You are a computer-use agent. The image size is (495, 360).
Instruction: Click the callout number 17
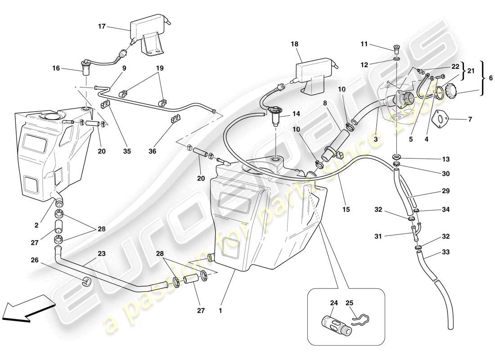102,27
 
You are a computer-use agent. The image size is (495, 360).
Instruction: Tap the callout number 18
295,45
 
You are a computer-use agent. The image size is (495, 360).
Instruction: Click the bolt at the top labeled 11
396,48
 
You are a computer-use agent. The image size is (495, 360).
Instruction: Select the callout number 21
471,71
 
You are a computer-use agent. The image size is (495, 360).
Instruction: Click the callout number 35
127,152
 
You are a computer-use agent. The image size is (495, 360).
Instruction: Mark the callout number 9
124,68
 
